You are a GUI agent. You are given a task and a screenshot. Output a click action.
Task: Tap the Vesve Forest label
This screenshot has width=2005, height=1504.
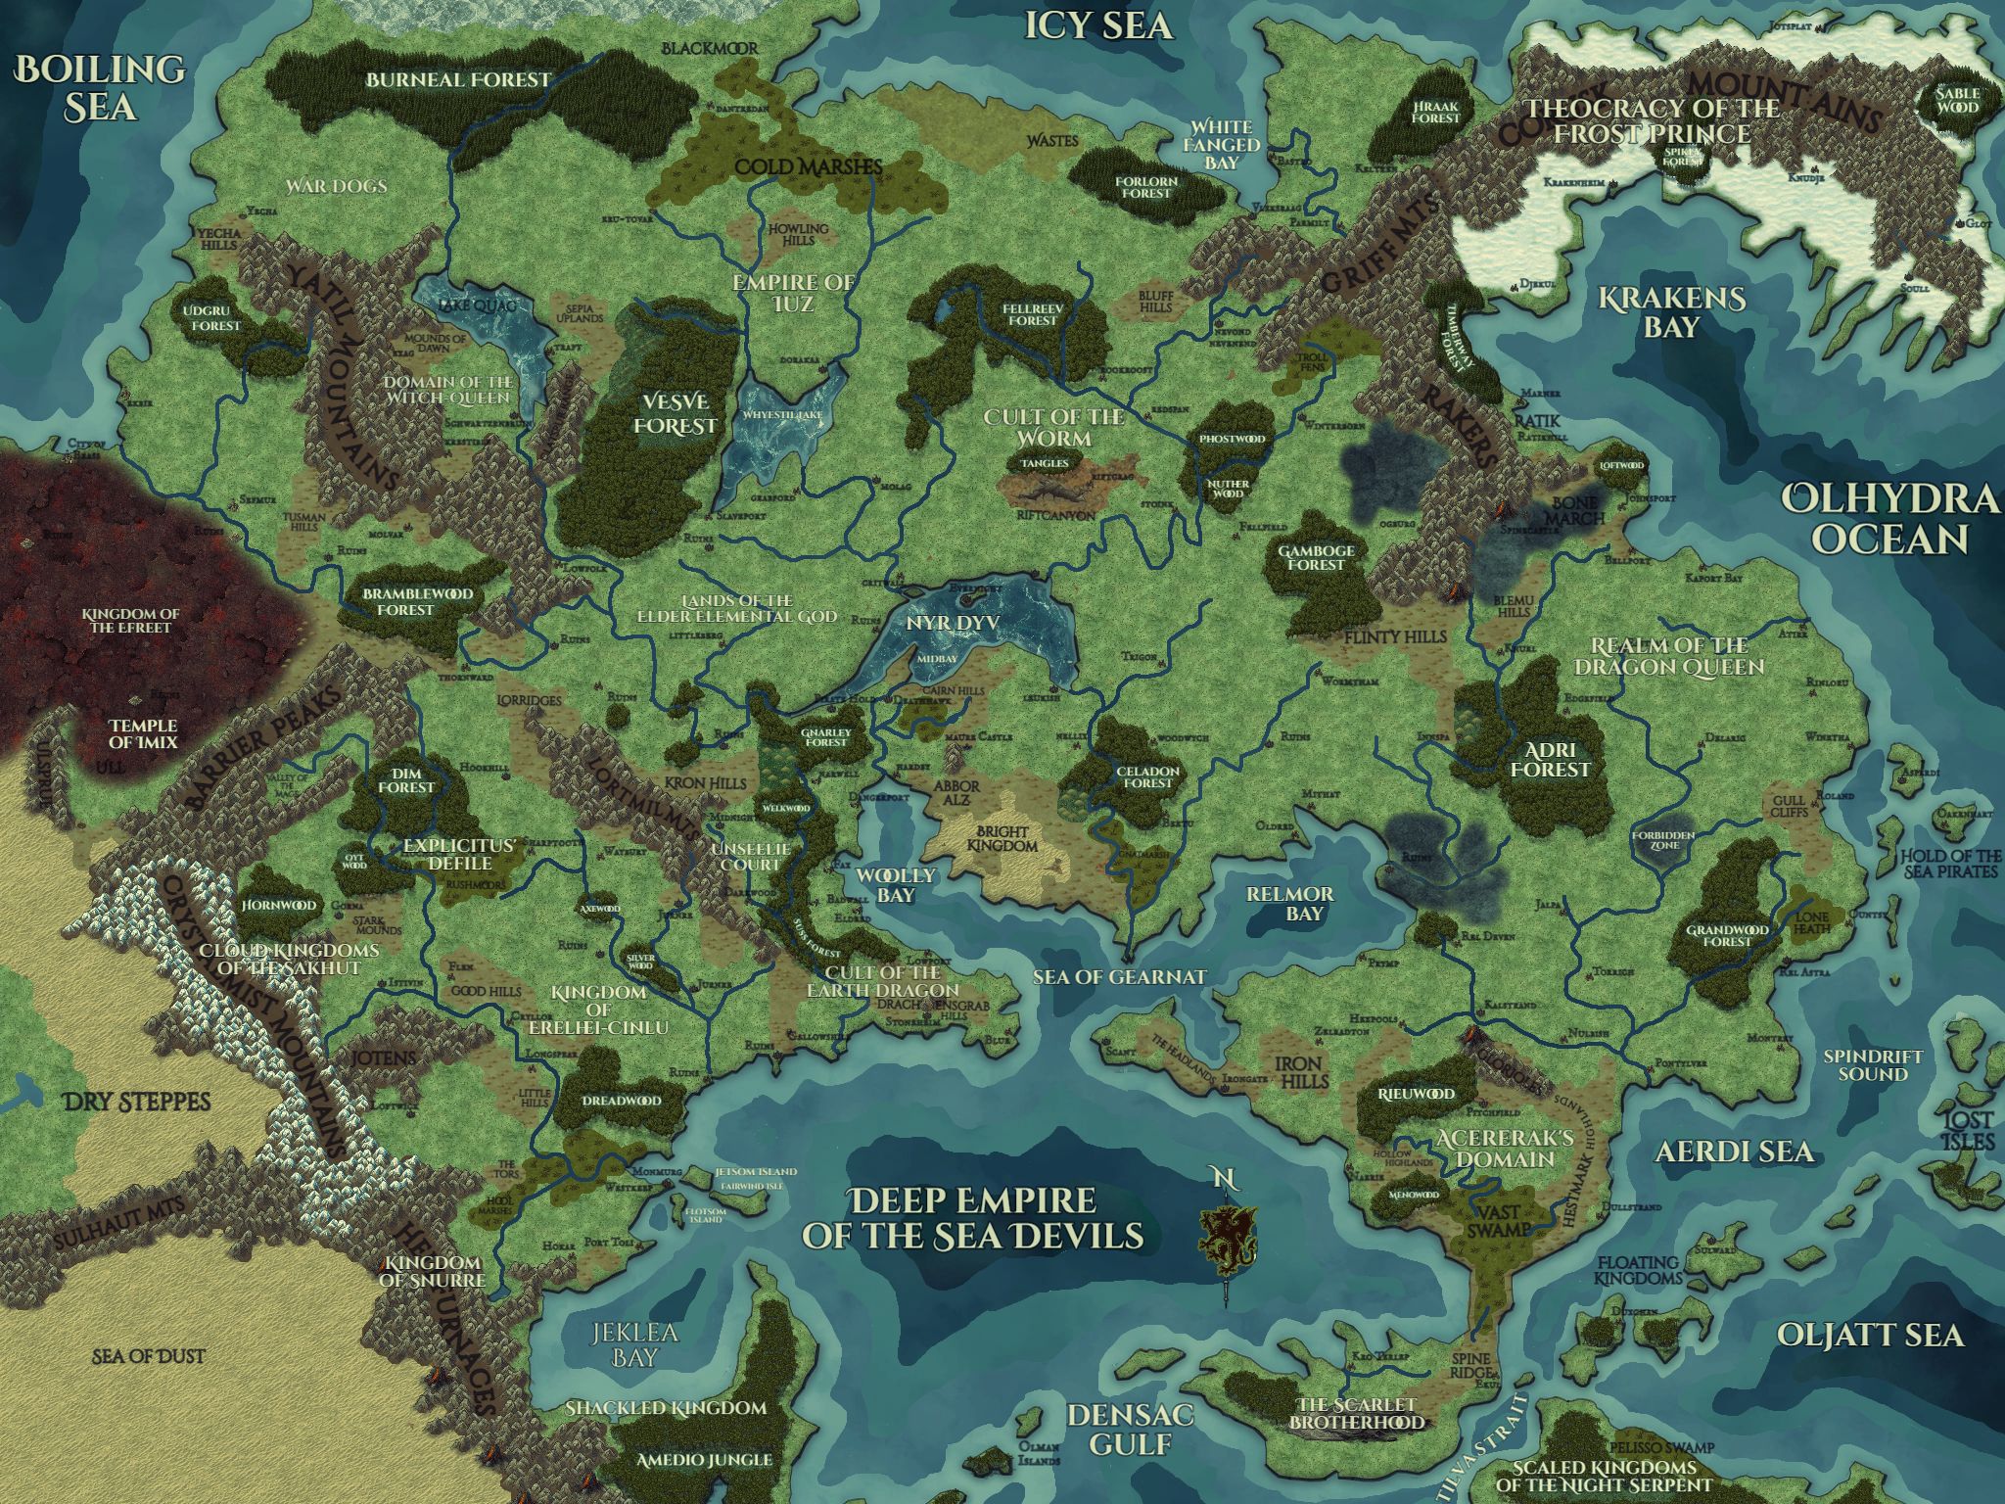click(675, 414)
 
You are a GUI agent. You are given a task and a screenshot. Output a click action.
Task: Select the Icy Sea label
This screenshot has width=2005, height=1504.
click(1097, 26)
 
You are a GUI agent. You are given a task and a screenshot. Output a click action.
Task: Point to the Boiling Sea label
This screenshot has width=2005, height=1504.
click(101, 88)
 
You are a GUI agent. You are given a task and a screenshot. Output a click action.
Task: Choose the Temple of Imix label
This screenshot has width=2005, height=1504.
click(143, 733)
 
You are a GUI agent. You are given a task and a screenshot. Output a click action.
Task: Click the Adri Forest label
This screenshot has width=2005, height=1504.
click(1550, 759)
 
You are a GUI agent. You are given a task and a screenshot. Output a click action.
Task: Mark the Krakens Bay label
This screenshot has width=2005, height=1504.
click(1671, 311)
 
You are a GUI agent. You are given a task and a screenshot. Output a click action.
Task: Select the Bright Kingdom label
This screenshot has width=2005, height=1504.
click(1002, 838)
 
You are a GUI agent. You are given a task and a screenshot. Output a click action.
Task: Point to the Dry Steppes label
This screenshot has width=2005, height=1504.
click(136, 1103)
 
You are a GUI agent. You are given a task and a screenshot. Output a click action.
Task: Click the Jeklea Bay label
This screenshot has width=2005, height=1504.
click(633, 1345)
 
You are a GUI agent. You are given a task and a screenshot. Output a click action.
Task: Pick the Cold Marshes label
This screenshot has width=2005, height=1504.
click(809, 166)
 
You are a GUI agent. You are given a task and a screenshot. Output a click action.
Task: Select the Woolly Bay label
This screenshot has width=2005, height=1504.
click(896, 884)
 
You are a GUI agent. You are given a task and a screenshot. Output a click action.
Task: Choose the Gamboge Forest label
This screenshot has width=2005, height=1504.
click(1316, 557)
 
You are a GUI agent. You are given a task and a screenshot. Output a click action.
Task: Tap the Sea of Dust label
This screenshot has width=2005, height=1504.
click(149, 1356)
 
